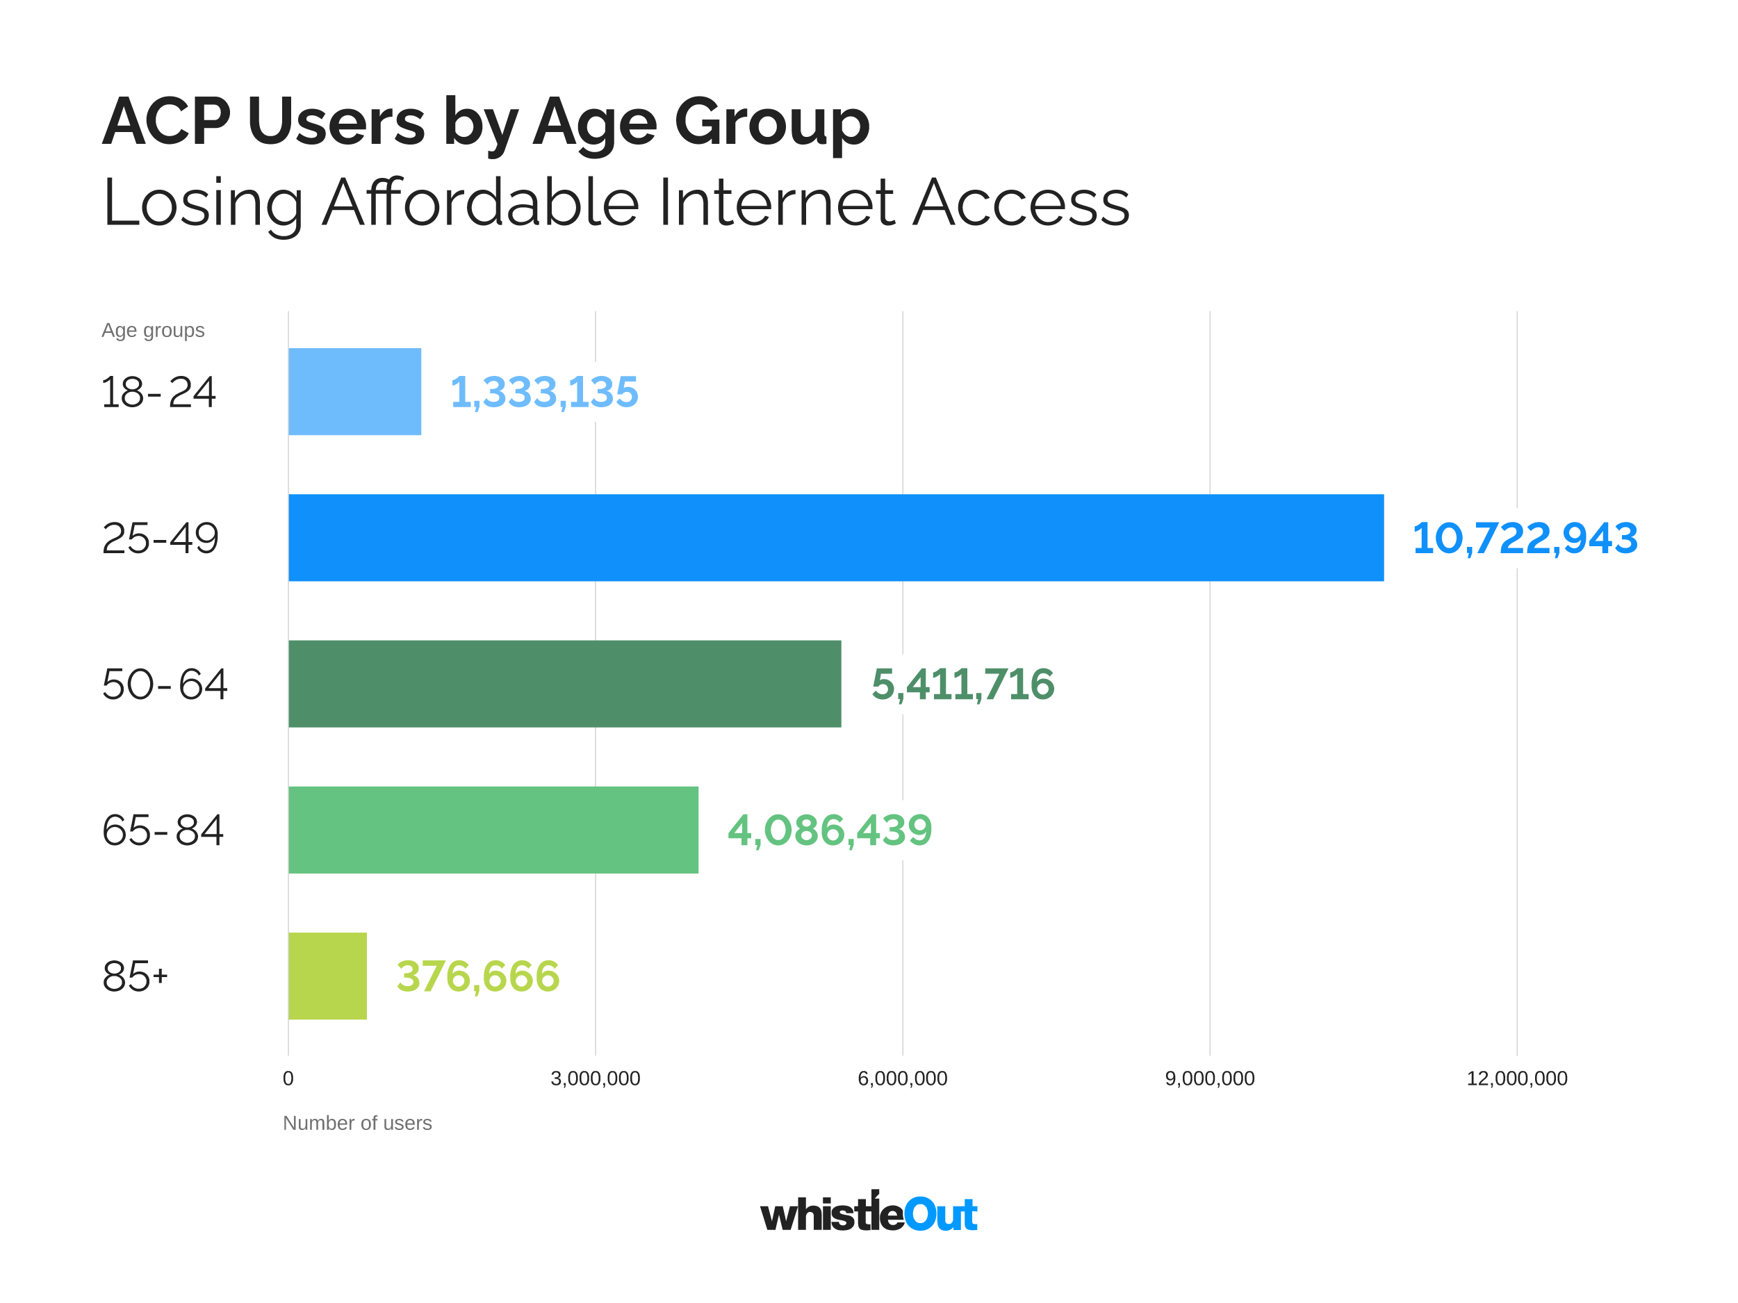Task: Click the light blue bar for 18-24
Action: [354, 391]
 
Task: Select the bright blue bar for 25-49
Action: [835, 538]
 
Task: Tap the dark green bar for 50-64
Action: [564, 684]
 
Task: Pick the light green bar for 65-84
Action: [493, 830]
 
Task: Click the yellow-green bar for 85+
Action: [327, 976]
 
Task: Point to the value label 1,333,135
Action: [543, 391]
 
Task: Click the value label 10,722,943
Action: [1524, 539]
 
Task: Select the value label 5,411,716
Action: [962, 684]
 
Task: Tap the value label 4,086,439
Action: [830, 830]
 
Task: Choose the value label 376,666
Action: [477, 976]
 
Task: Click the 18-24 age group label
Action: [158, 392]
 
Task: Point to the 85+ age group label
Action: [134, 977]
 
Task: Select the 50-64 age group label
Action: [164, 685]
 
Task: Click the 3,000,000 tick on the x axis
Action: [595, 1079]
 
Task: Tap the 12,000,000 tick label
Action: [1516, 1079]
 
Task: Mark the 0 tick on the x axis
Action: [288, 1079]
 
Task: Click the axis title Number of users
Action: [356, 1123]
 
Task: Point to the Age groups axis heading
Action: [152, 330]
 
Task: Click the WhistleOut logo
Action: [868, 1213]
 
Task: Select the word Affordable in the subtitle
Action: [480, 203]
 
